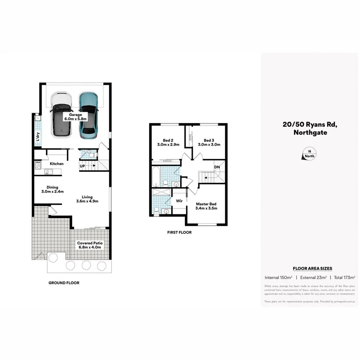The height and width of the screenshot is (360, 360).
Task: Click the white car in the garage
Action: [61, 116]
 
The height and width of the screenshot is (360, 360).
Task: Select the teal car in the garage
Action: [88, 116]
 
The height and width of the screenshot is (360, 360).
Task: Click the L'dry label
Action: [38, 136]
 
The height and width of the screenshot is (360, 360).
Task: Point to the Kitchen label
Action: [56, 164]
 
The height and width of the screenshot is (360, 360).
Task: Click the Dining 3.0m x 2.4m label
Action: [52, 189]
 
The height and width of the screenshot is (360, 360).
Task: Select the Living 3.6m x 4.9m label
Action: [87, 199]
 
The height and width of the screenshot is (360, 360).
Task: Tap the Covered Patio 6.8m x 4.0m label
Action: [90, 245]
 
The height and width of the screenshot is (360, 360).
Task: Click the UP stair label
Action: [82, 166]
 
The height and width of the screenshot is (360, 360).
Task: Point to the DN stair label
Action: [216, 167]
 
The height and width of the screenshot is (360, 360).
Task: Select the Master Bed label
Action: [206, 206]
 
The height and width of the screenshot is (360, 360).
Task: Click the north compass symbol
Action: [309, 154]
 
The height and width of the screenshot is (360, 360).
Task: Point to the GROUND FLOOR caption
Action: [64, 283]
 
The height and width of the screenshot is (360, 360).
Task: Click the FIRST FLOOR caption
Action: [179, 232]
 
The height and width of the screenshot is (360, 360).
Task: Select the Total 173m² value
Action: [344, 277]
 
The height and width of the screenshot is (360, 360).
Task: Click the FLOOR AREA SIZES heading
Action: [312, 268]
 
